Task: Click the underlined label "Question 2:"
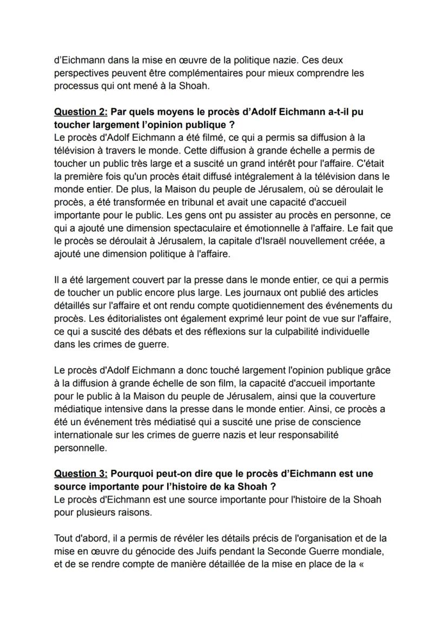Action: click(79, 112)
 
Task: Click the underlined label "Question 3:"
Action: click(79, 473)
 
